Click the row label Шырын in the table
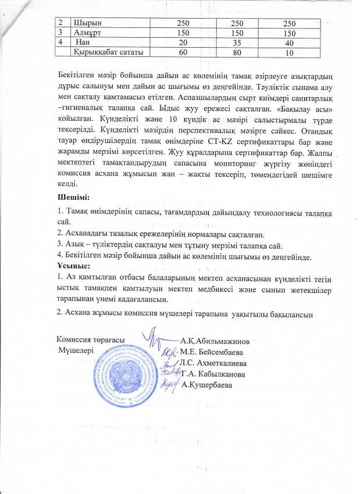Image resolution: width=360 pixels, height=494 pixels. coord(85,22)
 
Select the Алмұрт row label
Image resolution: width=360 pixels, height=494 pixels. coord(87,33)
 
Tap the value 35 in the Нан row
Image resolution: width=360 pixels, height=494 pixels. coord(236,42)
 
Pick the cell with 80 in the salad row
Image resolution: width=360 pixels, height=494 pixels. coord(236,53)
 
